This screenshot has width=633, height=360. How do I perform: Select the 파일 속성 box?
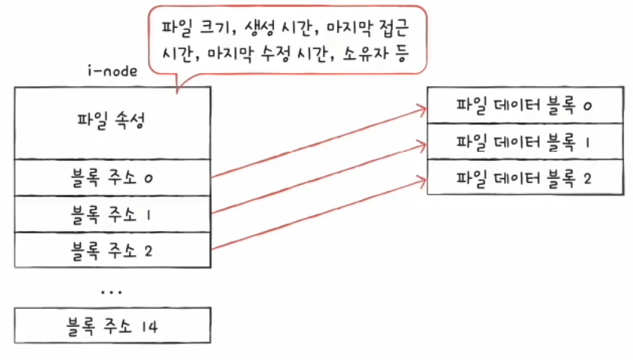click(x=111, y=122)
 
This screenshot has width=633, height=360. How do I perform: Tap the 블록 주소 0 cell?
click(x=111, y=177)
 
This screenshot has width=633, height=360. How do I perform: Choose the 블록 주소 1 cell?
click(x=111, y=214)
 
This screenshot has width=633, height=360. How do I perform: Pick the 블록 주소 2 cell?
click(x=111, y=251)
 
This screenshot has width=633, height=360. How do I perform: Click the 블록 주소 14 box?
click(x=111, y=326)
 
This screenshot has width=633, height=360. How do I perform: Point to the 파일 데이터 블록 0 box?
click(x=523, y=106)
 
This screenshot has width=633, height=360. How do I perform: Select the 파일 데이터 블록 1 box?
click(x=523, y=141)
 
